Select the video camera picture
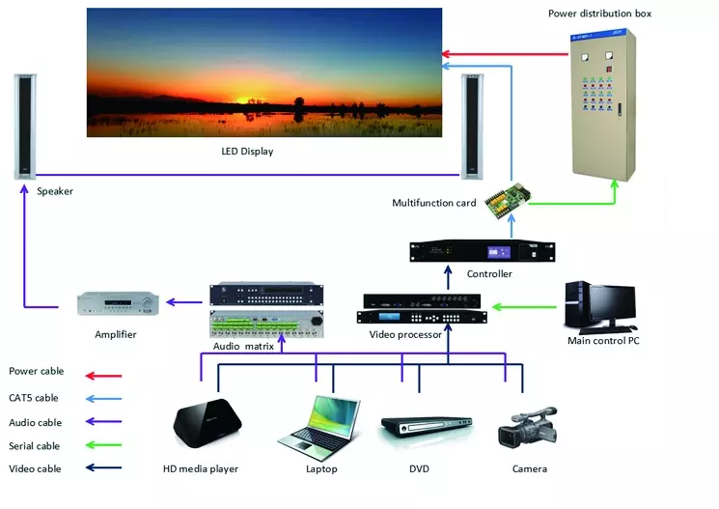click(x=527, y=427)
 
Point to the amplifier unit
click(x=116, y=303)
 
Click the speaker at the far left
click(x=24, y=127)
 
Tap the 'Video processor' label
click(x=405, y=334)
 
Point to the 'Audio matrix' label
click(x=243, y=345)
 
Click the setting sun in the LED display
click(x=254, y=99)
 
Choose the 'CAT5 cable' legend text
click(x=34, y=398)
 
